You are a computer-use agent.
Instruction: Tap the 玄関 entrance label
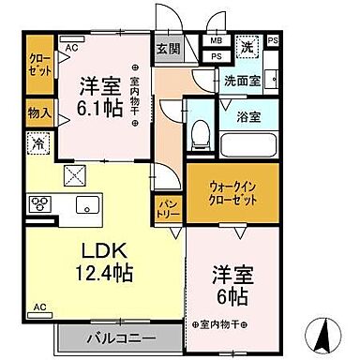[x=166, y=49]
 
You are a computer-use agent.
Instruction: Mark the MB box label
[x=217, y=41]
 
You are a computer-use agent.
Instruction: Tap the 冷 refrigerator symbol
[x=39, y=144]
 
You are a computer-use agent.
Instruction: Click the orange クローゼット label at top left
[x=40, y=62]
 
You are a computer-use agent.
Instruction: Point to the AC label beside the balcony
[x=39, y=307]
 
